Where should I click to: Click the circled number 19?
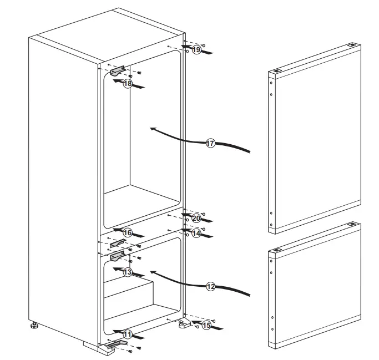pos(196,50)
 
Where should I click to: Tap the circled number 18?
pos(128,84)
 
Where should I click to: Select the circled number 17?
pos(210,144)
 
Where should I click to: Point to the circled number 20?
pos(196,219)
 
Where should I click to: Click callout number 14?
pos(196,234)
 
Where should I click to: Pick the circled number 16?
pos(128,233)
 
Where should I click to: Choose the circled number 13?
pos(128,272)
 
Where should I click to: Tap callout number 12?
pos(211,287)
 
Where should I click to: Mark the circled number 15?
pos(206,326)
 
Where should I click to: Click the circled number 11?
pos(128,334)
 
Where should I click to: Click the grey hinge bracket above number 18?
pos(118,70)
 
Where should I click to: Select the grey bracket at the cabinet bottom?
pos(118,344)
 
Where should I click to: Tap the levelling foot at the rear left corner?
pos(34,325)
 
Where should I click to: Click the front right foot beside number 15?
pos(184,324)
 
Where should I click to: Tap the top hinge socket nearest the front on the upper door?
pos(277,71)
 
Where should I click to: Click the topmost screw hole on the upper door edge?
pos(271,83)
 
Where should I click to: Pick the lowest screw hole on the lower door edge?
pos(272,329)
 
